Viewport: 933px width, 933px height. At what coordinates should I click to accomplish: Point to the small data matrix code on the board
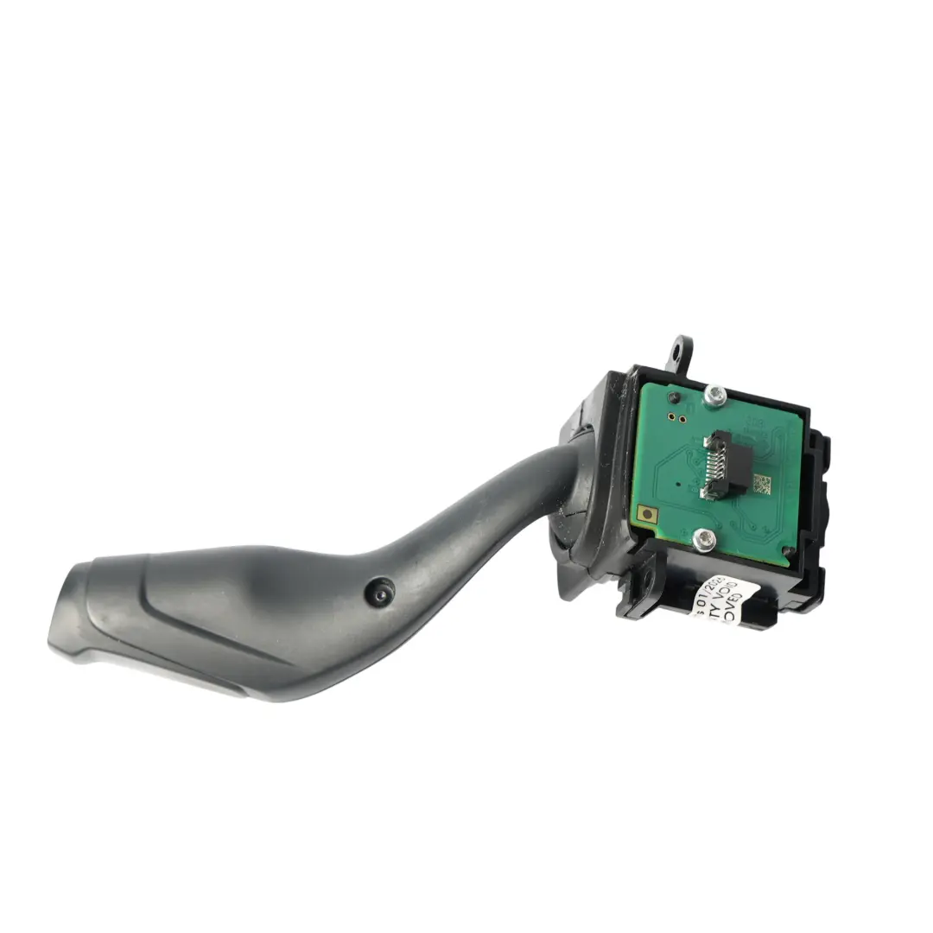pos(760,484)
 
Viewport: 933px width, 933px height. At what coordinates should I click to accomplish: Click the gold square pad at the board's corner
pos(644,515)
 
